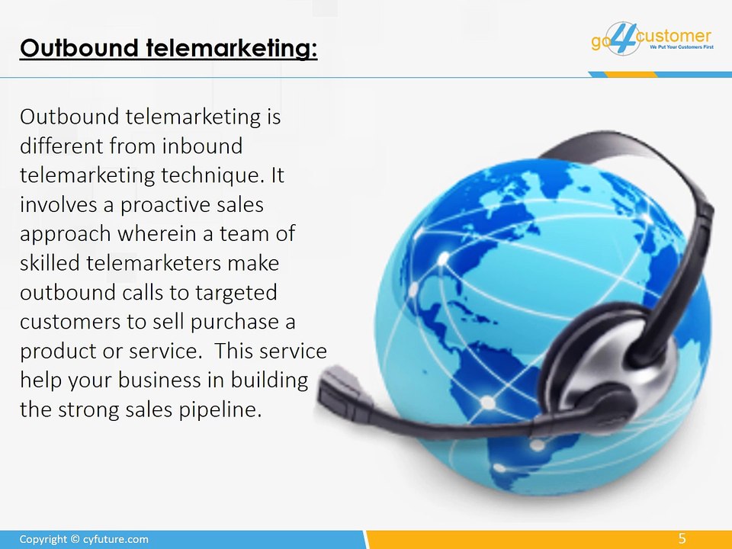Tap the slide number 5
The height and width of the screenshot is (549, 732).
(682, 539)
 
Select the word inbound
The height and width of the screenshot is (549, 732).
(206, 146)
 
